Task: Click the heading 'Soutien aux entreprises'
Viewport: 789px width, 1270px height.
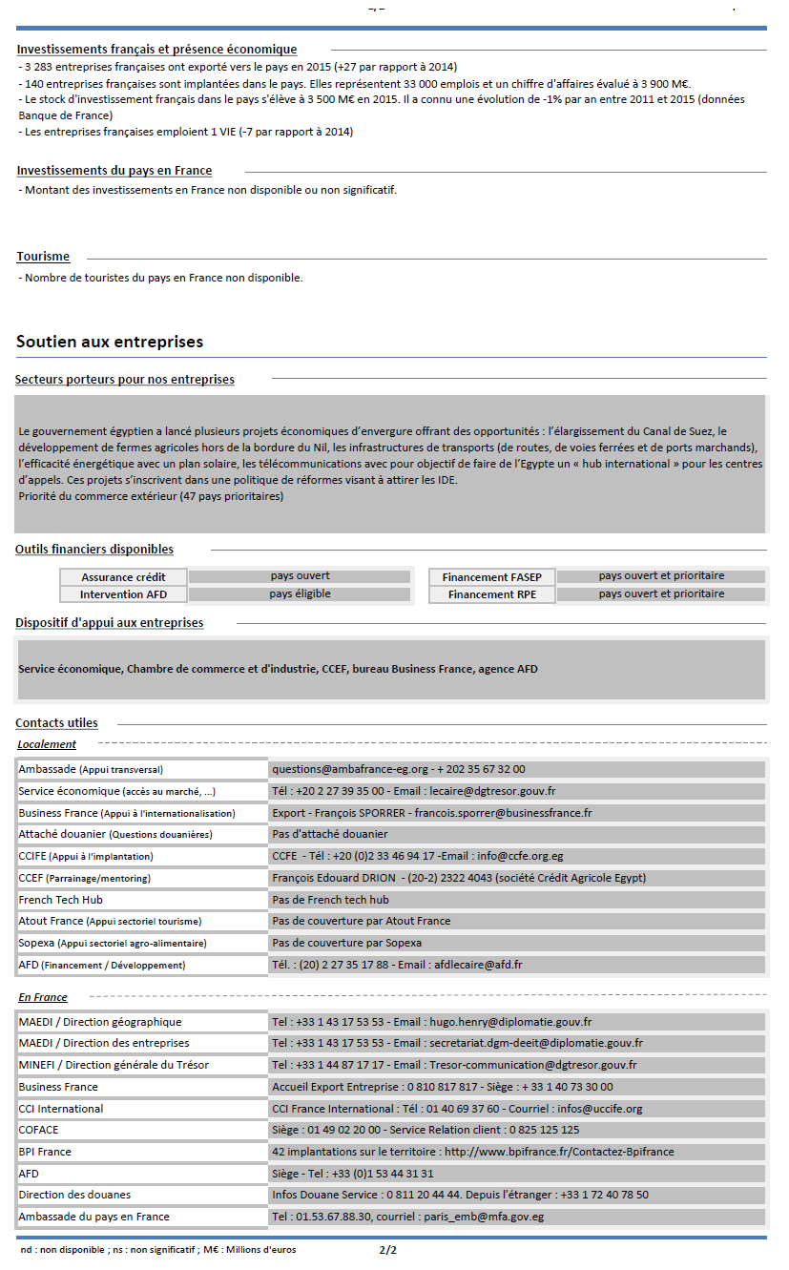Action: [x=110, y=342]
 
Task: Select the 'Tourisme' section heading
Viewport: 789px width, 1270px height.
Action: [x=43, y=257]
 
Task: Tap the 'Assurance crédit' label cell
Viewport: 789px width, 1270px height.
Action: [x=123, y=577]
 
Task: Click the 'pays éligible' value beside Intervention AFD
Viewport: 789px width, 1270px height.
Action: [x=300, y=593]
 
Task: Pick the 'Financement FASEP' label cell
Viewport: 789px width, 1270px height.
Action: [x=491, y=577]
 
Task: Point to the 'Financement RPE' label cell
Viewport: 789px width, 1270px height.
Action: [x=491, y=594]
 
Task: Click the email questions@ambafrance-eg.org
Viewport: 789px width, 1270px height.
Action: [x=350, y=769]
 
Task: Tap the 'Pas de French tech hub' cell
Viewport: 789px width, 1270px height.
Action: [x=330, y=900]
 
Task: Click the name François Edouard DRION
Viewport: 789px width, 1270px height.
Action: [x=333, y=878]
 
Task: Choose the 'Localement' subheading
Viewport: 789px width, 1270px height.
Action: [x=47, y=744]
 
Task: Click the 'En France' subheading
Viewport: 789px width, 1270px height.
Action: [x=43, y=997]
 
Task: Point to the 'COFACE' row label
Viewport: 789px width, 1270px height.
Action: [x=39, y=1130]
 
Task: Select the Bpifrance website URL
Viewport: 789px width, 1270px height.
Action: [x=559, y=1152]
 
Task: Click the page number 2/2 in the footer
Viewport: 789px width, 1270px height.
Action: [x=387, y=1249]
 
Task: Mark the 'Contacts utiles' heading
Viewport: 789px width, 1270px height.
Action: [x=56, y=723]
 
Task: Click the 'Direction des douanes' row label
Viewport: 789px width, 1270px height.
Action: [x=74, y=1195]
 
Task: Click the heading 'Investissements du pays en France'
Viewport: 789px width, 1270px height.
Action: [x=114, y=171]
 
